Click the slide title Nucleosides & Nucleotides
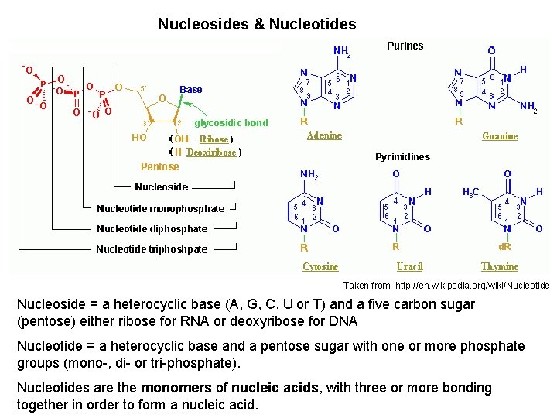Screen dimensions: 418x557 pyautogui.click(x=257, y=24)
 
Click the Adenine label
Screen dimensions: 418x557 pyautogui.click(x=324, y=135)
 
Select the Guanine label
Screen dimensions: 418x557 pyautogui.click(x=500, y=136)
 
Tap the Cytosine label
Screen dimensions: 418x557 pyautogui.click(x=320, y=266)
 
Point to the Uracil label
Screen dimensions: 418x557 pyautogui.click(x=409, y=266)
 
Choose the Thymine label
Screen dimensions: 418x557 pyautogui.click(x=500, y=266)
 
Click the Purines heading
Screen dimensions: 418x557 pyautogui.click(x=405, y=46)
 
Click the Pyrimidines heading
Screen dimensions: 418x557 pyautogui.click(x=402, y=157)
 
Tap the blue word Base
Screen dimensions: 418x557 pyautogui.click(x=191, y=89)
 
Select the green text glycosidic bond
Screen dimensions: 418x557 pyautogui.click(x=231, y=122)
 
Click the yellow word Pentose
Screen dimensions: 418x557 pyautogui.click(x=159, y=166)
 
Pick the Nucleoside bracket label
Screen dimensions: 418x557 pyautogui.click(x=161, y=187)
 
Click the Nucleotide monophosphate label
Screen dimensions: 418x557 pyautogui.click(x=160, y=208)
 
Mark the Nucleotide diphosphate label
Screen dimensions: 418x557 pyautogui.click(x=152, y=228)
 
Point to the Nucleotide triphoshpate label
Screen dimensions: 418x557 pyautogui.click(x=152, y=249)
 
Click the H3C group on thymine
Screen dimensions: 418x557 pyautogui.click(x=470, y=191)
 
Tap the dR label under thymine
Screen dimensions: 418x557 pyautogui.click(x=505, y=248)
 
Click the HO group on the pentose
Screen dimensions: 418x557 pyautogui.click(x=139, y=137)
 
